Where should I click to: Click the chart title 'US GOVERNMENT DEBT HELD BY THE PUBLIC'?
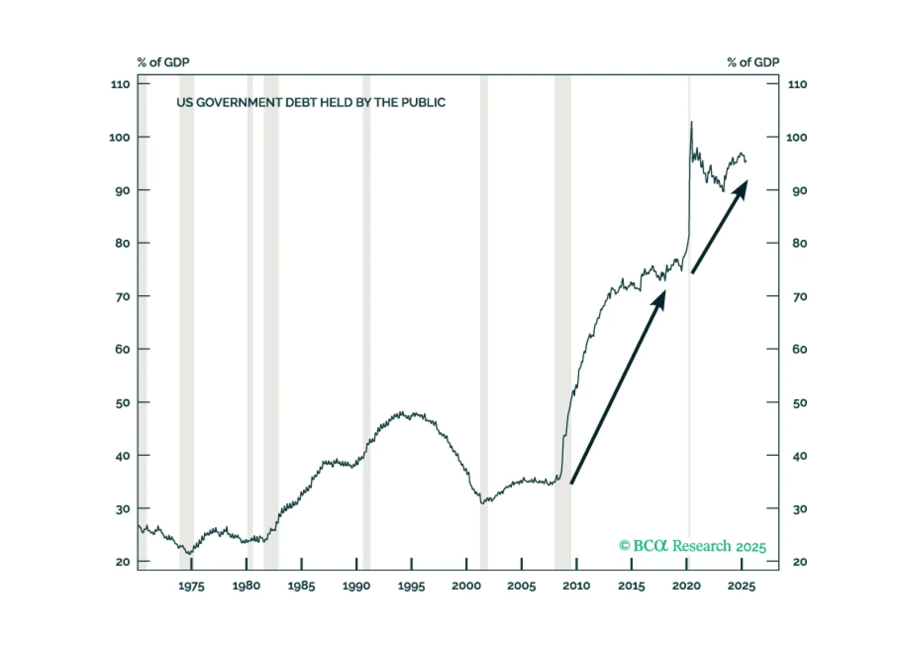point(311,102)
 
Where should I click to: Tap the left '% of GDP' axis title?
point(163,62)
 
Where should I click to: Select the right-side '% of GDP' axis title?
point(753,62)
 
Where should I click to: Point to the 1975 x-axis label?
point(191,586)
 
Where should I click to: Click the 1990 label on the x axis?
point(356,586)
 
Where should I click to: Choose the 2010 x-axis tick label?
point(576,586)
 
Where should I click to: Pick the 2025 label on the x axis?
point(741,586)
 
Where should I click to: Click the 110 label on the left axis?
point(120,84)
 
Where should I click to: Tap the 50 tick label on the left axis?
point(122,403)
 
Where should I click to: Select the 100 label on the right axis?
point(797,137)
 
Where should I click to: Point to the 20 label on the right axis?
point(800,562)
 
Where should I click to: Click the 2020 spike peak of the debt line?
point(691,123)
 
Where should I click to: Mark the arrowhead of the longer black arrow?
point(661,297)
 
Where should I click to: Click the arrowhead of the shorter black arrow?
point(742,187)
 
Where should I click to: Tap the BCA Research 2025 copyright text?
point(692,546)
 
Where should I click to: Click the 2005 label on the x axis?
point(521,586)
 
